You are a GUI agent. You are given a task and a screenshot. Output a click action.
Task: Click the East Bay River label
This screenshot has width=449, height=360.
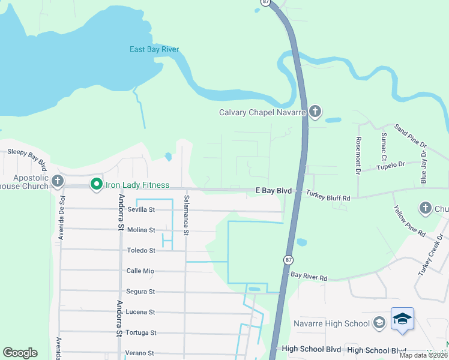click(x=154, y=49)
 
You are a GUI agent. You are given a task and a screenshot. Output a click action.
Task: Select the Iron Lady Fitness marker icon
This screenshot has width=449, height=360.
click(x=95, y=185)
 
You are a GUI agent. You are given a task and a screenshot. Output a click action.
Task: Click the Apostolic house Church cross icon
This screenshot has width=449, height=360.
click(x=57, y=181)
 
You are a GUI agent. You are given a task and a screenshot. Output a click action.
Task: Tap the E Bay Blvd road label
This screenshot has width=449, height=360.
click(x=273, y=191)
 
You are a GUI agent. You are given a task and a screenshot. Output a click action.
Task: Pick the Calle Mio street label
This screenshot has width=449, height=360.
click(x=140, y=271)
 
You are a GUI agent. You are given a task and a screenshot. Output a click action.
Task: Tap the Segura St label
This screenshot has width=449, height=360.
click(x=140, y=292)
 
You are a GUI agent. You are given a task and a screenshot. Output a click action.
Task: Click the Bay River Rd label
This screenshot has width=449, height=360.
click(x=309, y=278)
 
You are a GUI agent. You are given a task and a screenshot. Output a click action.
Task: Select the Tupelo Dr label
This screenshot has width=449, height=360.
click(x=391, y=164)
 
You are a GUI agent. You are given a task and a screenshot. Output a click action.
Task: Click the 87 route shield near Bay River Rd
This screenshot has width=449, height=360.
click(x=289, y=259)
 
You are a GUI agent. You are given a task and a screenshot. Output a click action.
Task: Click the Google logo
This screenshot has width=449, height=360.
click(x=20, y=353)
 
